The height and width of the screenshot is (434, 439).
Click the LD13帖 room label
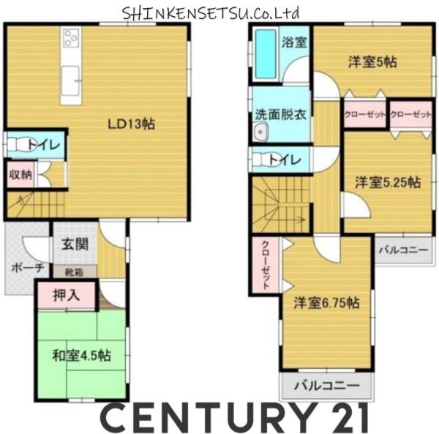132,124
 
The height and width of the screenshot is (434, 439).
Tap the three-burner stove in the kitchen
71,38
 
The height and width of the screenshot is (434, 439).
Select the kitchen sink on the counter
70,80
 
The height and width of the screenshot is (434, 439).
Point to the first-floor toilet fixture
20,145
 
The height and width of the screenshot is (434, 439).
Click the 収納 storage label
20,175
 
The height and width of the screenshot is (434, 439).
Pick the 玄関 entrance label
75,244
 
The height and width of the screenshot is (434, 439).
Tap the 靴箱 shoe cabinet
74,272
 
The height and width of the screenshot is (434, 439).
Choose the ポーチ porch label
28,268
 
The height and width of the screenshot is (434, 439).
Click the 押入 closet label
67,295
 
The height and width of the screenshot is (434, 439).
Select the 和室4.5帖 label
82,356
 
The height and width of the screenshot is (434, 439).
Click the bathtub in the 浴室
266,54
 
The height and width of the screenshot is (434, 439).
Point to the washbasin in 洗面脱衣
261,132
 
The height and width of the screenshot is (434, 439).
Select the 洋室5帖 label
372,62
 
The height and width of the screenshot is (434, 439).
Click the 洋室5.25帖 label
388,182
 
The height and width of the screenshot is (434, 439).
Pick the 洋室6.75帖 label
326,303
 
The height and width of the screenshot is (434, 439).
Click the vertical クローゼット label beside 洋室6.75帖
266,265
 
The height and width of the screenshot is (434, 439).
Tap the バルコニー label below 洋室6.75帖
326,386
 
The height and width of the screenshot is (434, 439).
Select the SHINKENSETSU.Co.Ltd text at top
211,13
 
